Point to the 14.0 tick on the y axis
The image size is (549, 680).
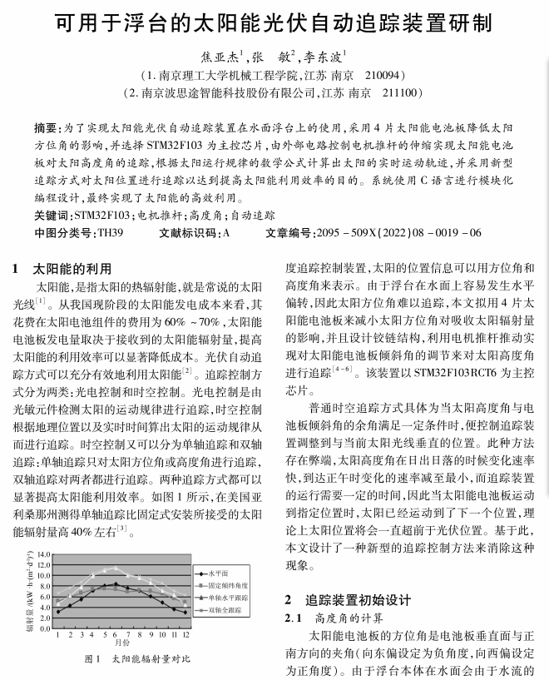point(44,555)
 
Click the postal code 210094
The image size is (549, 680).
point(380,74)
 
